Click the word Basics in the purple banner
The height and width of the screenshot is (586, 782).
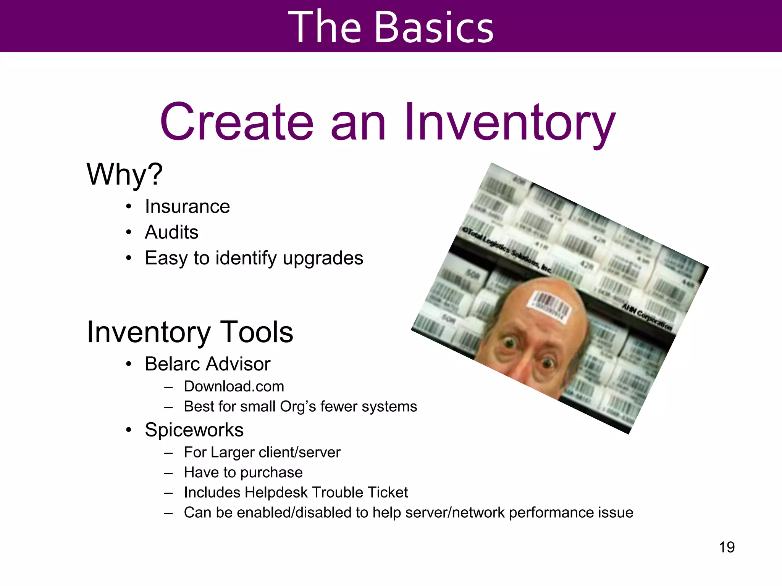click(x=434, y=27)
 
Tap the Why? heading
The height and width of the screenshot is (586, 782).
click(x=124, y=174)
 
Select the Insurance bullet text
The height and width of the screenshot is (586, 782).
click(x=187, y=207)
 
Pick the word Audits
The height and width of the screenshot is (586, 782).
click(x=171, y=232)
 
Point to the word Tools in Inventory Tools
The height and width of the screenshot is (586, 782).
click(x=257, y=332)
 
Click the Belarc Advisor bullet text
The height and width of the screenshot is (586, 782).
click(x=207, y=364)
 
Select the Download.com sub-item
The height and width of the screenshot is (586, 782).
click(x=234, y=386)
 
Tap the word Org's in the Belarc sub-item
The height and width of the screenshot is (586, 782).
click(x=298, y=407)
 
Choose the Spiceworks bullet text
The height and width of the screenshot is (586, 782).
click(x=194, y=430)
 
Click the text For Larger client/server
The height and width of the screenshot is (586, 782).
click(x=262, y=452)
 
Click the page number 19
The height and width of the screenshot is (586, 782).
click(x=727, y=547)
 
